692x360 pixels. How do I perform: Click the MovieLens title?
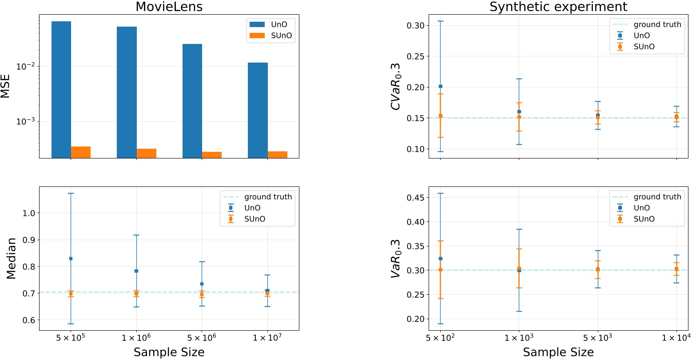[169, 7]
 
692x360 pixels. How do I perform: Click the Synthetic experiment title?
[558, 7]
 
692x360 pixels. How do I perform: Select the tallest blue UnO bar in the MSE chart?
[61, 89]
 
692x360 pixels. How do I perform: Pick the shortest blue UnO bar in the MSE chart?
[258, 110]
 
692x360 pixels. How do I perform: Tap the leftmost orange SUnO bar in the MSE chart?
[81, 152]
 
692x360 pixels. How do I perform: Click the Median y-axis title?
[11, 258]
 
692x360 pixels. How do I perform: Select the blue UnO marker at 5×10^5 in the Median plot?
[71, 258]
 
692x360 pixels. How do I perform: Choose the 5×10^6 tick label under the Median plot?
[202, 339]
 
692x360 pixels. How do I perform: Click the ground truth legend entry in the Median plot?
[257, 197]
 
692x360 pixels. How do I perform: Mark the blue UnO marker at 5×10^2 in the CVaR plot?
[440, 86]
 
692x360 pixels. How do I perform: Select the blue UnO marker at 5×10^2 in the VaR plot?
[440, 258]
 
